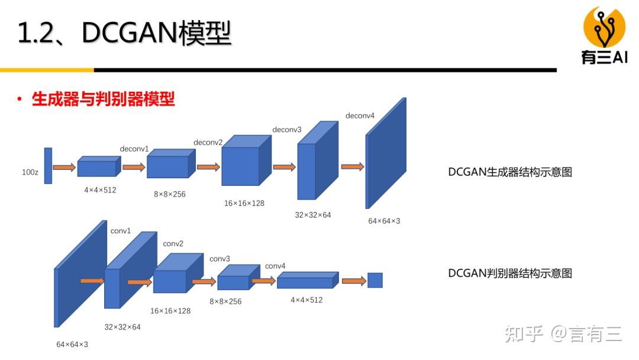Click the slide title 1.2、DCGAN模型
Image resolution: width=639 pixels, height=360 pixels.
(124, 34)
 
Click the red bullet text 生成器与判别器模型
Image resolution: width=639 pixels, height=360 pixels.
(103, 99)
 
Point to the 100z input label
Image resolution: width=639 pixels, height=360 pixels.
(30, 172)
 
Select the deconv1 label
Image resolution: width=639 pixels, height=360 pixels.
(134, 148)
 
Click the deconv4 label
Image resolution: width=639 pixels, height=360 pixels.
(360, 115)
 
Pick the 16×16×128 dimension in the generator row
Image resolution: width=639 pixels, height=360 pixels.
(244, 203)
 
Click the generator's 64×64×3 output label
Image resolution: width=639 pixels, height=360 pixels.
(384, 221)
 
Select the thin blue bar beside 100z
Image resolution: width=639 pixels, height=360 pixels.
(48, 165)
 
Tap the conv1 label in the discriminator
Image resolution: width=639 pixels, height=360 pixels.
(121, 231)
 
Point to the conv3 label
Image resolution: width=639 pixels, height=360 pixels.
(220, 259)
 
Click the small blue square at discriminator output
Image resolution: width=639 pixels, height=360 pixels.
(375, 280)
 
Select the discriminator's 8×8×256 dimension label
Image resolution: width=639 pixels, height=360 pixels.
(225, 301)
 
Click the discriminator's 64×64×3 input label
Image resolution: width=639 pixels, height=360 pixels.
(72, 344)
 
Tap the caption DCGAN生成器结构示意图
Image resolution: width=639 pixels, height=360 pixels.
(510, 172)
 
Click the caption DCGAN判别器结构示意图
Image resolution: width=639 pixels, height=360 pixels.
(510, 273)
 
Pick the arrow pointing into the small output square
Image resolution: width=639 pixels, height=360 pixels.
(353, 281)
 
